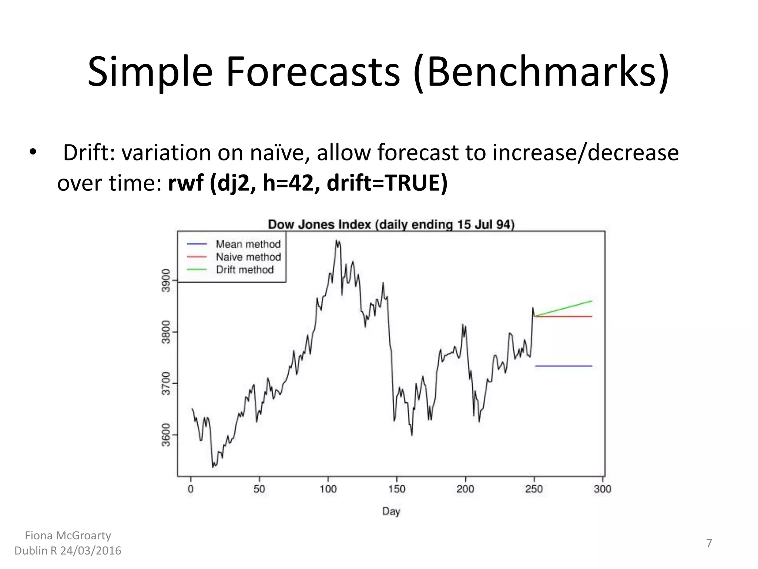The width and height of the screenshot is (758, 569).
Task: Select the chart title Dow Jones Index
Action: click(391, 224)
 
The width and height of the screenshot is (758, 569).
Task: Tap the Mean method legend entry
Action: click(248, 244)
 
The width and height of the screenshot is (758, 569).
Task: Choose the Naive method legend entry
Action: click(248, 257)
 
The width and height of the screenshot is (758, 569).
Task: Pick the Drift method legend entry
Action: click(245, 270)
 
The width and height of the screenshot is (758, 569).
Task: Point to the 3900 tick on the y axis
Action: click(166, 280)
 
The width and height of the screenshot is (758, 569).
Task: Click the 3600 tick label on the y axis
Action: click(166, 435)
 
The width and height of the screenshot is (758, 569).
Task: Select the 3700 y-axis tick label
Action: click(166, 383)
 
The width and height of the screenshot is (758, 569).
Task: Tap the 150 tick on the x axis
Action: click(397, 489)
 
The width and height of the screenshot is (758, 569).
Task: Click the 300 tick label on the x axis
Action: click(602, 489)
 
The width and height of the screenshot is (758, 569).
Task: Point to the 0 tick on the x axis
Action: click(191, 489)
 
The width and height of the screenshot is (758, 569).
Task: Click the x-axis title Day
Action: click(391, 512)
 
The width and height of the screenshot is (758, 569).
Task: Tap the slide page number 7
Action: click(709, 543)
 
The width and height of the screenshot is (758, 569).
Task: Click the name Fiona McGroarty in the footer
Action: click(68, 535)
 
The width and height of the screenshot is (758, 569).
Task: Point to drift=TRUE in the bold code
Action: click(387, 183)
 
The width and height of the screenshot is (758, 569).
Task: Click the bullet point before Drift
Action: click(33, 153)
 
